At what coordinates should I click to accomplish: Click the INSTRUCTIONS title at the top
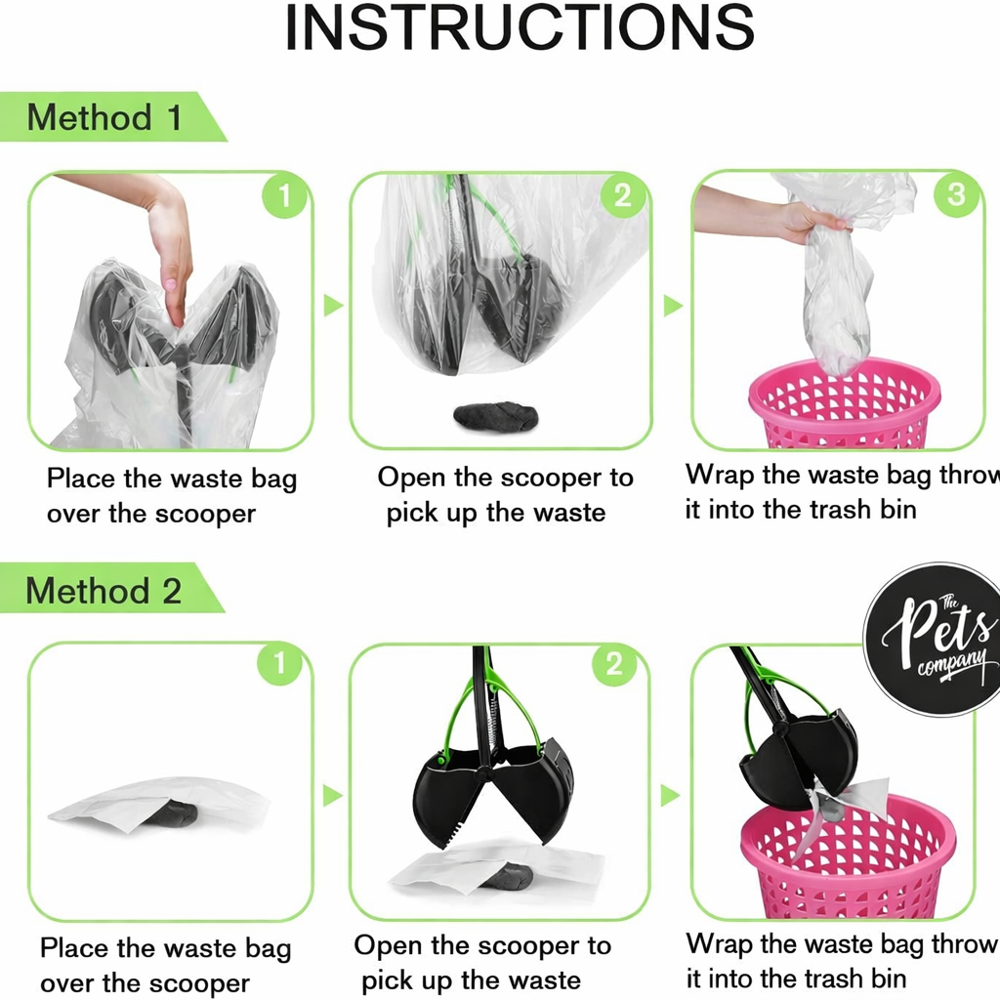point(519,29)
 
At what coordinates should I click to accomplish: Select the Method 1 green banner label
point(104,118)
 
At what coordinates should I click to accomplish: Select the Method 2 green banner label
point(104,591)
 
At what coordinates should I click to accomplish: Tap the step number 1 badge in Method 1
point(284,196)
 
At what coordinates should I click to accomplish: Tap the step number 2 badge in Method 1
point(622,195)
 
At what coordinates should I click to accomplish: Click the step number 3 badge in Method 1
point(956,194)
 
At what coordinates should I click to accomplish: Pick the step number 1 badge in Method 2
point(279,665)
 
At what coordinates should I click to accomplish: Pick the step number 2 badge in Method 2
point(614,665)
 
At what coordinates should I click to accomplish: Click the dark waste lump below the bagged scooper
point(495,416)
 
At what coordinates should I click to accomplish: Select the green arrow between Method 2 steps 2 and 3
point(670,795)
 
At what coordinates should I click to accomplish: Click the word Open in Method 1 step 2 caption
point(411,478)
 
